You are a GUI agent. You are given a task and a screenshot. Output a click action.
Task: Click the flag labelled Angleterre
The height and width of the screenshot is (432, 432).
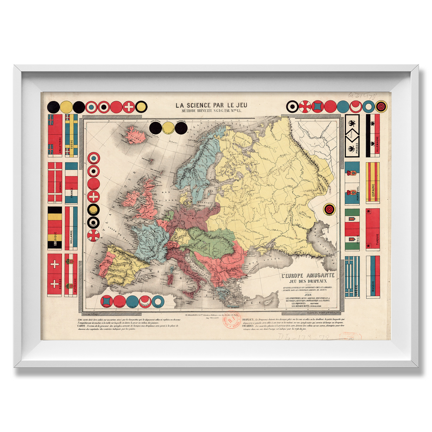point(55,135)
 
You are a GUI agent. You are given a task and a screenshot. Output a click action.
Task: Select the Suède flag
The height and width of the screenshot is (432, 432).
point(71,135)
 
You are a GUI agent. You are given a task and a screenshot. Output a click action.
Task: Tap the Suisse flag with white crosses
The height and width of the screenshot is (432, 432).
point(55,275)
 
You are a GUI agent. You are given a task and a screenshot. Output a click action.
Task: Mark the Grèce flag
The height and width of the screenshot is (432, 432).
point(352,276)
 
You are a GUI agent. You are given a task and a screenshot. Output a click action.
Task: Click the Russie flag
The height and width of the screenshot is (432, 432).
point(373,276)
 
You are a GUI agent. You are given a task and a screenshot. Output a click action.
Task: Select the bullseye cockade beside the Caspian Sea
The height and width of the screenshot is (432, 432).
point(329,210)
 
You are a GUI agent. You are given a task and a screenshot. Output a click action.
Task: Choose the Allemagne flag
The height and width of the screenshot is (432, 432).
point(373,135)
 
